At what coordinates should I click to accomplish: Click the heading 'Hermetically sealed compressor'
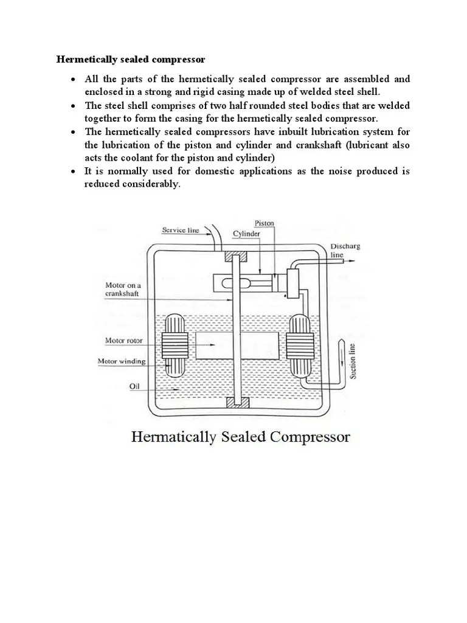(131, 60)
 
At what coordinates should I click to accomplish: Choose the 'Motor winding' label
(122, 361)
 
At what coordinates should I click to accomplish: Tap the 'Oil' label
(134, 385)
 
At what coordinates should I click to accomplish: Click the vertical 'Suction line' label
(353, 361)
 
